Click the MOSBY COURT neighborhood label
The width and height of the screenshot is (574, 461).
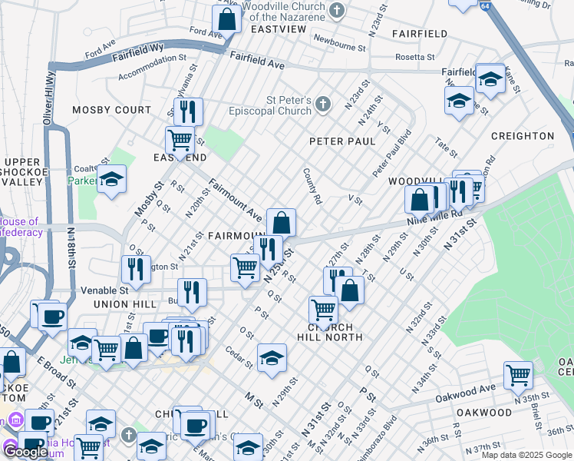(x=112, y=110)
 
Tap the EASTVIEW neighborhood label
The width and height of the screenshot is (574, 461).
(x=278, y=29)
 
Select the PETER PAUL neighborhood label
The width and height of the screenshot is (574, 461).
(x=342, y=141)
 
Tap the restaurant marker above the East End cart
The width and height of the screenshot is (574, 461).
(x=187, y=112)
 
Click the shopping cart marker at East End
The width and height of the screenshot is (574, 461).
(x=180, y=141)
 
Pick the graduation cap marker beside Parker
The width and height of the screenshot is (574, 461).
(x=112, y=180)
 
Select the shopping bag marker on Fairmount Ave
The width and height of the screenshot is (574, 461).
(x=282, y=222)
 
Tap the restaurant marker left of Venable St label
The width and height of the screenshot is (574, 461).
(x=136, y=269)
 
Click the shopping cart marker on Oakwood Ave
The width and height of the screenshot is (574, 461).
(x=519, y=375)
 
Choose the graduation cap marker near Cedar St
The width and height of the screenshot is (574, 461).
(x=272, y=358)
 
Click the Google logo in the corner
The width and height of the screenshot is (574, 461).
(x=26, y=452)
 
